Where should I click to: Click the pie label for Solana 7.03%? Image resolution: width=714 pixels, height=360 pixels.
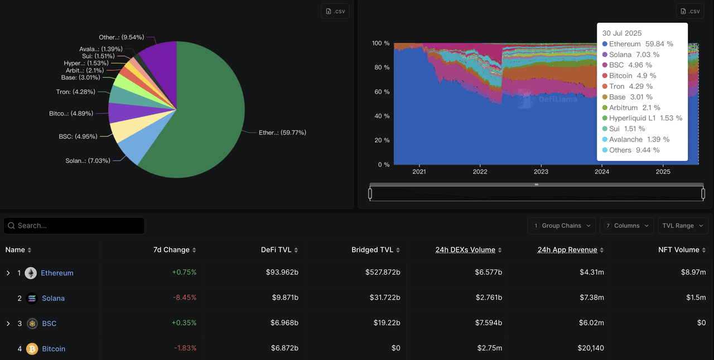pyautogui.click(x=88, y=161)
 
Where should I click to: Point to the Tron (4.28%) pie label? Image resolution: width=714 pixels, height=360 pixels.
pyautogui.click(x=75, y=92)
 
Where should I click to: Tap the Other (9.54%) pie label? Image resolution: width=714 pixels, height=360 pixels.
pyautogui.click(x=121, y=37)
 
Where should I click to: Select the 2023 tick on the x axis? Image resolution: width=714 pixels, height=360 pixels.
pyautogui.click(x=541, y=172)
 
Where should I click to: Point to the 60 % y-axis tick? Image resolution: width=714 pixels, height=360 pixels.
pyautogui.click(x=380, y=92)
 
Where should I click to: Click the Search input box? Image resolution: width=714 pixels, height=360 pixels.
pyautogui.click(x=74, y=225)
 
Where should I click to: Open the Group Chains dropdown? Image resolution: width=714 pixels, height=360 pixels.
pyautogui.click(x=561, y=225)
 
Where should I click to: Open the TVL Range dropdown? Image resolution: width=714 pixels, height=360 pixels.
pyautogui.click(x=683, y=225)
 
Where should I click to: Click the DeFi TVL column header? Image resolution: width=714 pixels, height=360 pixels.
pyautogui.click(x=276, y=250)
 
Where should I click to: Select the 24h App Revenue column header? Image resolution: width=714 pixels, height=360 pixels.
pyautogui.click(x=567, y=250)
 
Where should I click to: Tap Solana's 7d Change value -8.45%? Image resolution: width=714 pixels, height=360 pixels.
pyautogui.click(x=185, y=298)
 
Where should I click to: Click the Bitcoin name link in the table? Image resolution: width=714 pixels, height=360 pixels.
pyautogui.click(x=54, y=349)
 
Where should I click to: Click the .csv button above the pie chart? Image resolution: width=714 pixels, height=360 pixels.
pyautogui.click(x=335, y=11)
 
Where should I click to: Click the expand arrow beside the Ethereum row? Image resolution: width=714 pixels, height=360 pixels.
pyautogui.click(x=8, y=273)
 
